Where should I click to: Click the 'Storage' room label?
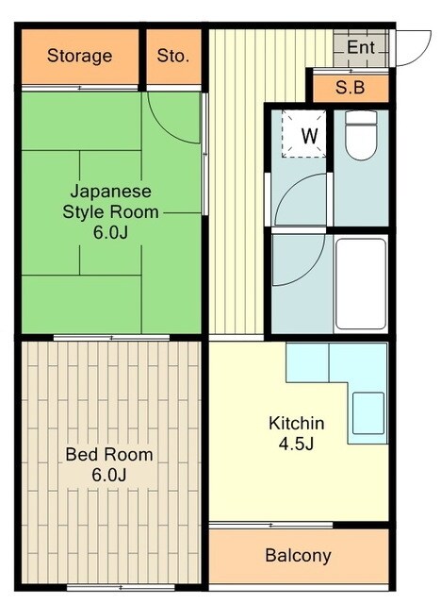tap(79, 56)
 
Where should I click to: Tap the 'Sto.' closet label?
tap(173, 56)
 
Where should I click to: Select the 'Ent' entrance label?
tap(361, 47)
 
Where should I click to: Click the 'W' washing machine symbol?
tap(308, 135)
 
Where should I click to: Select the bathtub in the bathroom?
tap(361, 283)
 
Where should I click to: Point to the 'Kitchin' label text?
tap(297, 423)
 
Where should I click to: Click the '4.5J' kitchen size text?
tap(297, 444)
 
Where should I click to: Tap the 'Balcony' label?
tap(298, 555)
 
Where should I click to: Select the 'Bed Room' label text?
tap(109, 455)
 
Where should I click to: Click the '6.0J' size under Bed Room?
tap(109, 476)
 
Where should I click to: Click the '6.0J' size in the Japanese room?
tap(111, 232)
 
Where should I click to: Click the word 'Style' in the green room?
tap(83, 212)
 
